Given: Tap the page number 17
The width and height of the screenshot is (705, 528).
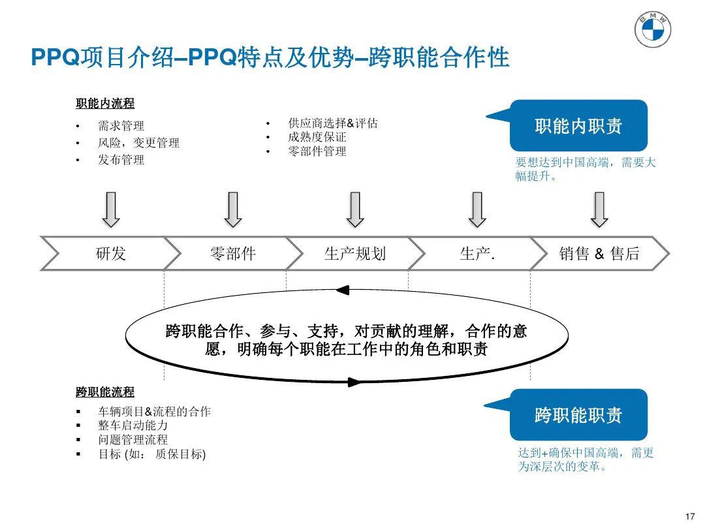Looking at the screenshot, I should pyautogui.click(x=691, y=517).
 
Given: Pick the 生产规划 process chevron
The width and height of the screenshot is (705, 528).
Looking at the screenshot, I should pyautogui.click(x=354, y=253).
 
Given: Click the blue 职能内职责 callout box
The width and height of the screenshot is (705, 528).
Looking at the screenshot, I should pyautogui.click(x=578, y=126).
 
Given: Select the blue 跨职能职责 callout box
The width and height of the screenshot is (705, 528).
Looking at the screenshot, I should pyautogui.click(x=578, y=415).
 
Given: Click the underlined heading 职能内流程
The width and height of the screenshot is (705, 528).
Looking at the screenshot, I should pyautogui.click(x=105, y=103).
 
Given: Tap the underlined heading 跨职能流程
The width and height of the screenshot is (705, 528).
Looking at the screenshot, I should pyautogui.click(x=105, y=392).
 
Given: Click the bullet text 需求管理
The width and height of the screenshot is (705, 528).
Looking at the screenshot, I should pyautogui.click(x=121, y=125).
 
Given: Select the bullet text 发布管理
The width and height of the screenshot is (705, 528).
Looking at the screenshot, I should pyautogui.click(x=121, y=160).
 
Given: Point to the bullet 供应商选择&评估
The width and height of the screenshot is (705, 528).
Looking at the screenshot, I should pyautogui.click(x=333, y=123).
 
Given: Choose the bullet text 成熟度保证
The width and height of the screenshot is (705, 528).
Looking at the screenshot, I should pyautogui.click(x=317, y=137).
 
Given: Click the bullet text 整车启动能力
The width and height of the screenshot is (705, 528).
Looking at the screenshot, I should pyautogui.click(x=133, y=426).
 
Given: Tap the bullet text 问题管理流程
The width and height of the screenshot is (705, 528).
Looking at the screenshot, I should pyautogui.click(x=133, y=440).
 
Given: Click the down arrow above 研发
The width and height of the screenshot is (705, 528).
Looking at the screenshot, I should pyautogui.click(x=111, y=209).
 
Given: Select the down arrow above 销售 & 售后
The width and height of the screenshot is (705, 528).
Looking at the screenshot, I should pyautogui.click(x=599, y=209).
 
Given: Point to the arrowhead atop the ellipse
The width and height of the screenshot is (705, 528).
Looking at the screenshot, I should pyautogui.click(x=343, y=289).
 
